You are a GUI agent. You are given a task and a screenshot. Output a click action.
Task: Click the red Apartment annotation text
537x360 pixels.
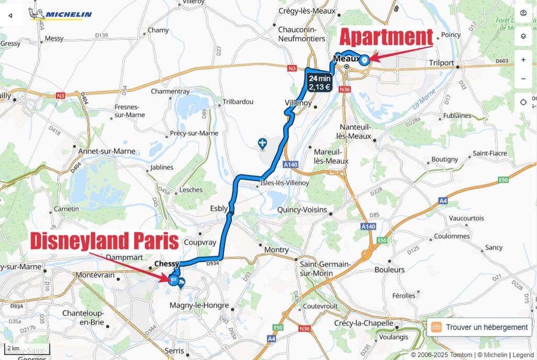(386, 38)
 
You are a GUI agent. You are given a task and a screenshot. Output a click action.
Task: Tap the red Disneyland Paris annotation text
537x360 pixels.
(104, 242)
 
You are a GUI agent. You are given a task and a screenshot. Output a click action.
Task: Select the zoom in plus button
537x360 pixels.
(523, 60)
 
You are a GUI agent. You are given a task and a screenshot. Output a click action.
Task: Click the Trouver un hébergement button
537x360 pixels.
(480, 327)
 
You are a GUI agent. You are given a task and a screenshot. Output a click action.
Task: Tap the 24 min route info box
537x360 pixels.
(319, 82)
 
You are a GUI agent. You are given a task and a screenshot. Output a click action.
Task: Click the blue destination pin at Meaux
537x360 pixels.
(364, 59)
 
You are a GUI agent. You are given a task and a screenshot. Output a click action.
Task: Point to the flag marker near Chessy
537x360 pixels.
(172, 279)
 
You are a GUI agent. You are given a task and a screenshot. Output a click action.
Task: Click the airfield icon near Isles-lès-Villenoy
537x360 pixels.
(262, 143)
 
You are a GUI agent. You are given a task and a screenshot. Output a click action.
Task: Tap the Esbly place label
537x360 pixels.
(218, 208)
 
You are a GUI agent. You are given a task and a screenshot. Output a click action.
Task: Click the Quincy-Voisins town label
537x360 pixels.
(302, 210)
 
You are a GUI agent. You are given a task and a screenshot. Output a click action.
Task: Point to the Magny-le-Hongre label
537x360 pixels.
(199, 306)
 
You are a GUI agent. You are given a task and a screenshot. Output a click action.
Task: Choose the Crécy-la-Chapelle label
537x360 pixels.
(362, 323)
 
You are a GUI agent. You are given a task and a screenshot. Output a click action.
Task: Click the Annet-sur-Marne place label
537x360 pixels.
(106, 151)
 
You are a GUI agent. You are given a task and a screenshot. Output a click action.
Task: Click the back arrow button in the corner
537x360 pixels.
(10, 15)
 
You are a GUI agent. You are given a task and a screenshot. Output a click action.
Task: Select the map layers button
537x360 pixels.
(523, 36)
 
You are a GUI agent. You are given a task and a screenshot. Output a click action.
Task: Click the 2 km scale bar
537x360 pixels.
(13, 348)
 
